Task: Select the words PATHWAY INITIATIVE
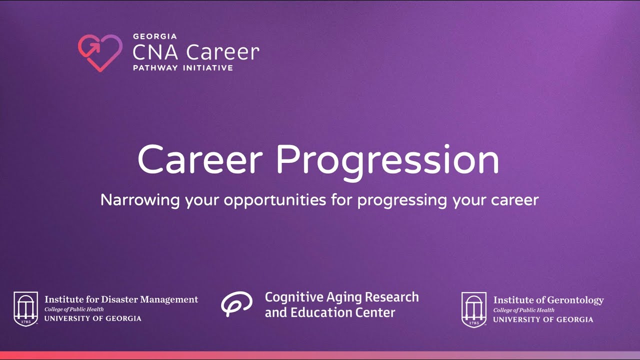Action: [182, 67]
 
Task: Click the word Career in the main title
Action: [200, 160]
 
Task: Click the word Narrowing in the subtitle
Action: [140, 200]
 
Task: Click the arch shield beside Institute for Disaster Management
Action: [25, 308]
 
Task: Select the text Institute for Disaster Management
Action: [121, 299]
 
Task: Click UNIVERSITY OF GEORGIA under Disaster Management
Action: [92, 318]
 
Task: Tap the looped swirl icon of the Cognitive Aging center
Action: [236, 303]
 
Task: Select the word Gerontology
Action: [575, 300]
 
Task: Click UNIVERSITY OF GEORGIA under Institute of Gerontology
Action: [543, 319]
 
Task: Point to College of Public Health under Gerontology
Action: [523, 310]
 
